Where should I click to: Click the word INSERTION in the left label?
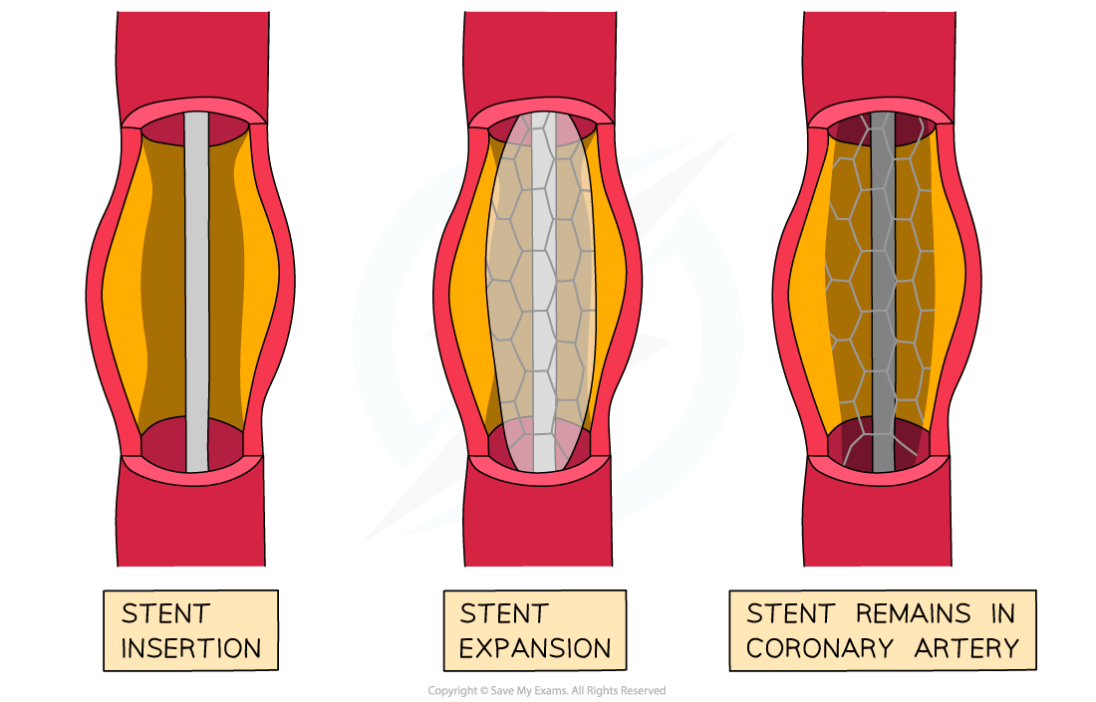pos(190,649)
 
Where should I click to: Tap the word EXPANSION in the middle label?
pos(535,649)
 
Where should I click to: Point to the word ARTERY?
pos(966,649)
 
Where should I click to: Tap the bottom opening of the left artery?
pos(164,450)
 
